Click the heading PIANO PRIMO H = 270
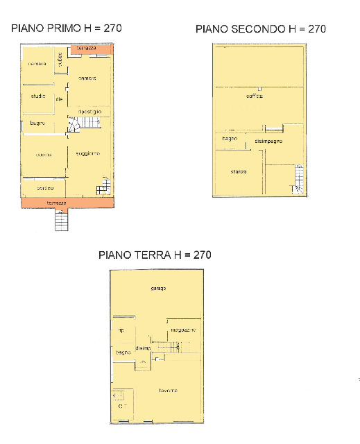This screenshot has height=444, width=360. (x=66, y=28)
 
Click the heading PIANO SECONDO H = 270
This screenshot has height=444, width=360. (x=261, y=29)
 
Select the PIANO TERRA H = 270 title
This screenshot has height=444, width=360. (x=155, y=255)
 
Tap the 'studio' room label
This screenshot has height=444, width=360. (x=37, y=96)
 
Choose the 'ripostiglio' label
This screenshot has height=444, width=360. (x=90, y=112)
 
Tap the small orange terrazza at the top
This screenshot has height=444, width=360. (x=87, y=49)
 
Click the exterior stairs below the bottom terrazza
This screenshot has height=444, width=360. (x=62, y=221)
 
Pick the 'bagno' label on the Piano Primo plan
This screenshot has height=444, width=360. (x=37, y=123)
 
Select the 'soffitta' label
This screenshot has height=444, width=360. (x=255, y=96)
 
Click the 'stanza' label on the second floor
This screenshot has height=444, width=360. (x=239, y=171)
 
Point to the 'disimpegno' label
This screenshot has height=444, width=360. (x=268, y=142)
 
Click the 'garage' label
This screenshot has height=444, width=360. (x=158, y=289)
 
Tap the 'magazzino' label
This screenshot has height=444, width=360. (x=184, y=330)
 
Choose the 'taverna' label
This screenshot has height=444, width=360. (x=168, y=391)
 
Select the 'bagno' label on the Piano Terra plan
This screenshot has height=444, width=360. (x=123, y=353)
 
